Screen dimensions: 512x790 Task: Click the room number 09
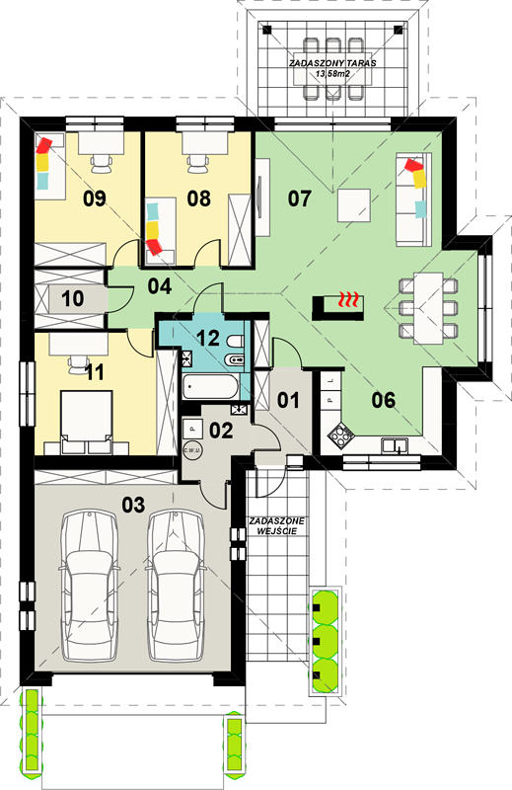click(95, 198)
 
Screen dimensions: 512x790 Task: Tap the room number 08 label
click(199, 198)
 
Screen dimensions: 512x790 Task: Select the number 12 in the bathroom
click(208, 338)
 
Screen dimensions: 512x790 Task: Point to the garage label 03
click(133, 505)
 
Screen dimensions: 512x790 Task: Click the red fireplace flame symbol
click(349, 299)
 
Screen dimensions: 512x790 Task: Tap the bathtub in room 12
click(211, 387)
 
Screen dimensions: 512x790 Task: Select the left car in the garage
click(90, 586)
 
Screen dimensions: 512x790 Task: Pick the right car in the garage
click(177, 586)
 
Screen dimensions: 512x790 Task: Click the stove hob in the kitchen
click(340, 434)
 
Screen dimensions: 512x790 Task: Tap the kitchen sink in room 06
click(395, 446)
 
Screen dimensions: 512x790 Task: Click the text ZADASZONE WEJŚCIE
click(276, 526)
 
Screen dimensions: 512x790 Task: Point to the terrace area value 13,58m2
click(332, 73)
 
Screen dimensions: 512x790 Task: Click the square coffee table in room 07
click(354, 205)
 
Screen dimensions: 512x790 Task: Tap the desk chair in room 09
click(102, 163)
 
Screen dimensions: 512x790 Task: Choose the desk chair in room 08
click(198, 163)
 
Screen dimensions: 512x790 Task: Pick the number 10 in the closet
click(72, 298)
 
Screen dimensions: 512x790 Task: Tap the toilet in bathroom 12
click(234, 342)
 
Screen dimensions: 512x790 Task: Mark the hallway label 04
click(160, 286)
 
